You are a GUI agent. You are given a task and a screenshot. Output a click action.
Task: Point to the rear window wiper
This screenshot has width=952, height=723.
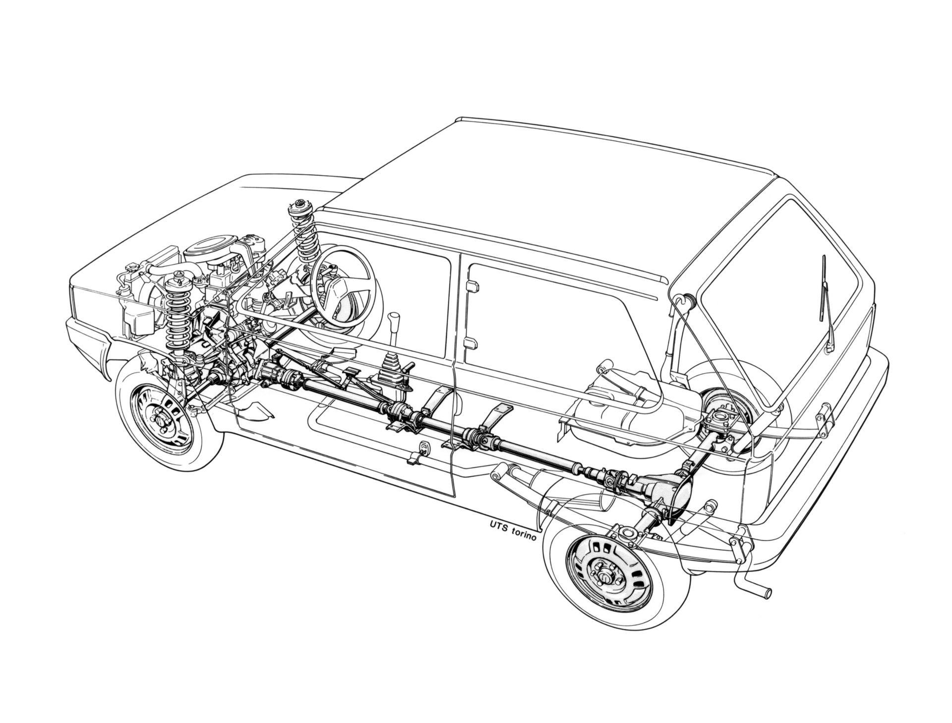pos(827,302)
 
